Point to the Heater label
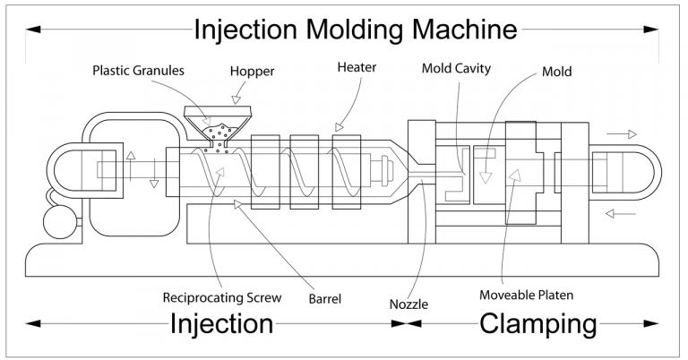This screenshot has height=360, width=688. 357,67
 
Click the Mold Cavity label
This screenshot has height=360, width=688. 456,68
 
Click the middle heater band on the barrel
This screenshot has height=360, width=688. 305,172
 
